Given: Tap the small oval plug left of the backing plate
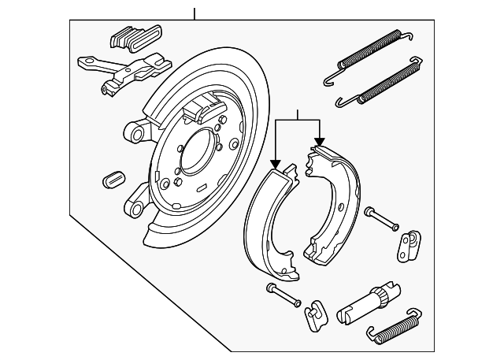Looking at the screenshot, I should [x=112, y=177].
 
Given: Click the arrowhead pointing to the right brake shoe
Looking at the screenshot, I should [x=319, y=143].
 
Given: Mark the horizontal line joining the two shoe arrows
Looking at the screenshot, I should [x=298, y=120].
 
